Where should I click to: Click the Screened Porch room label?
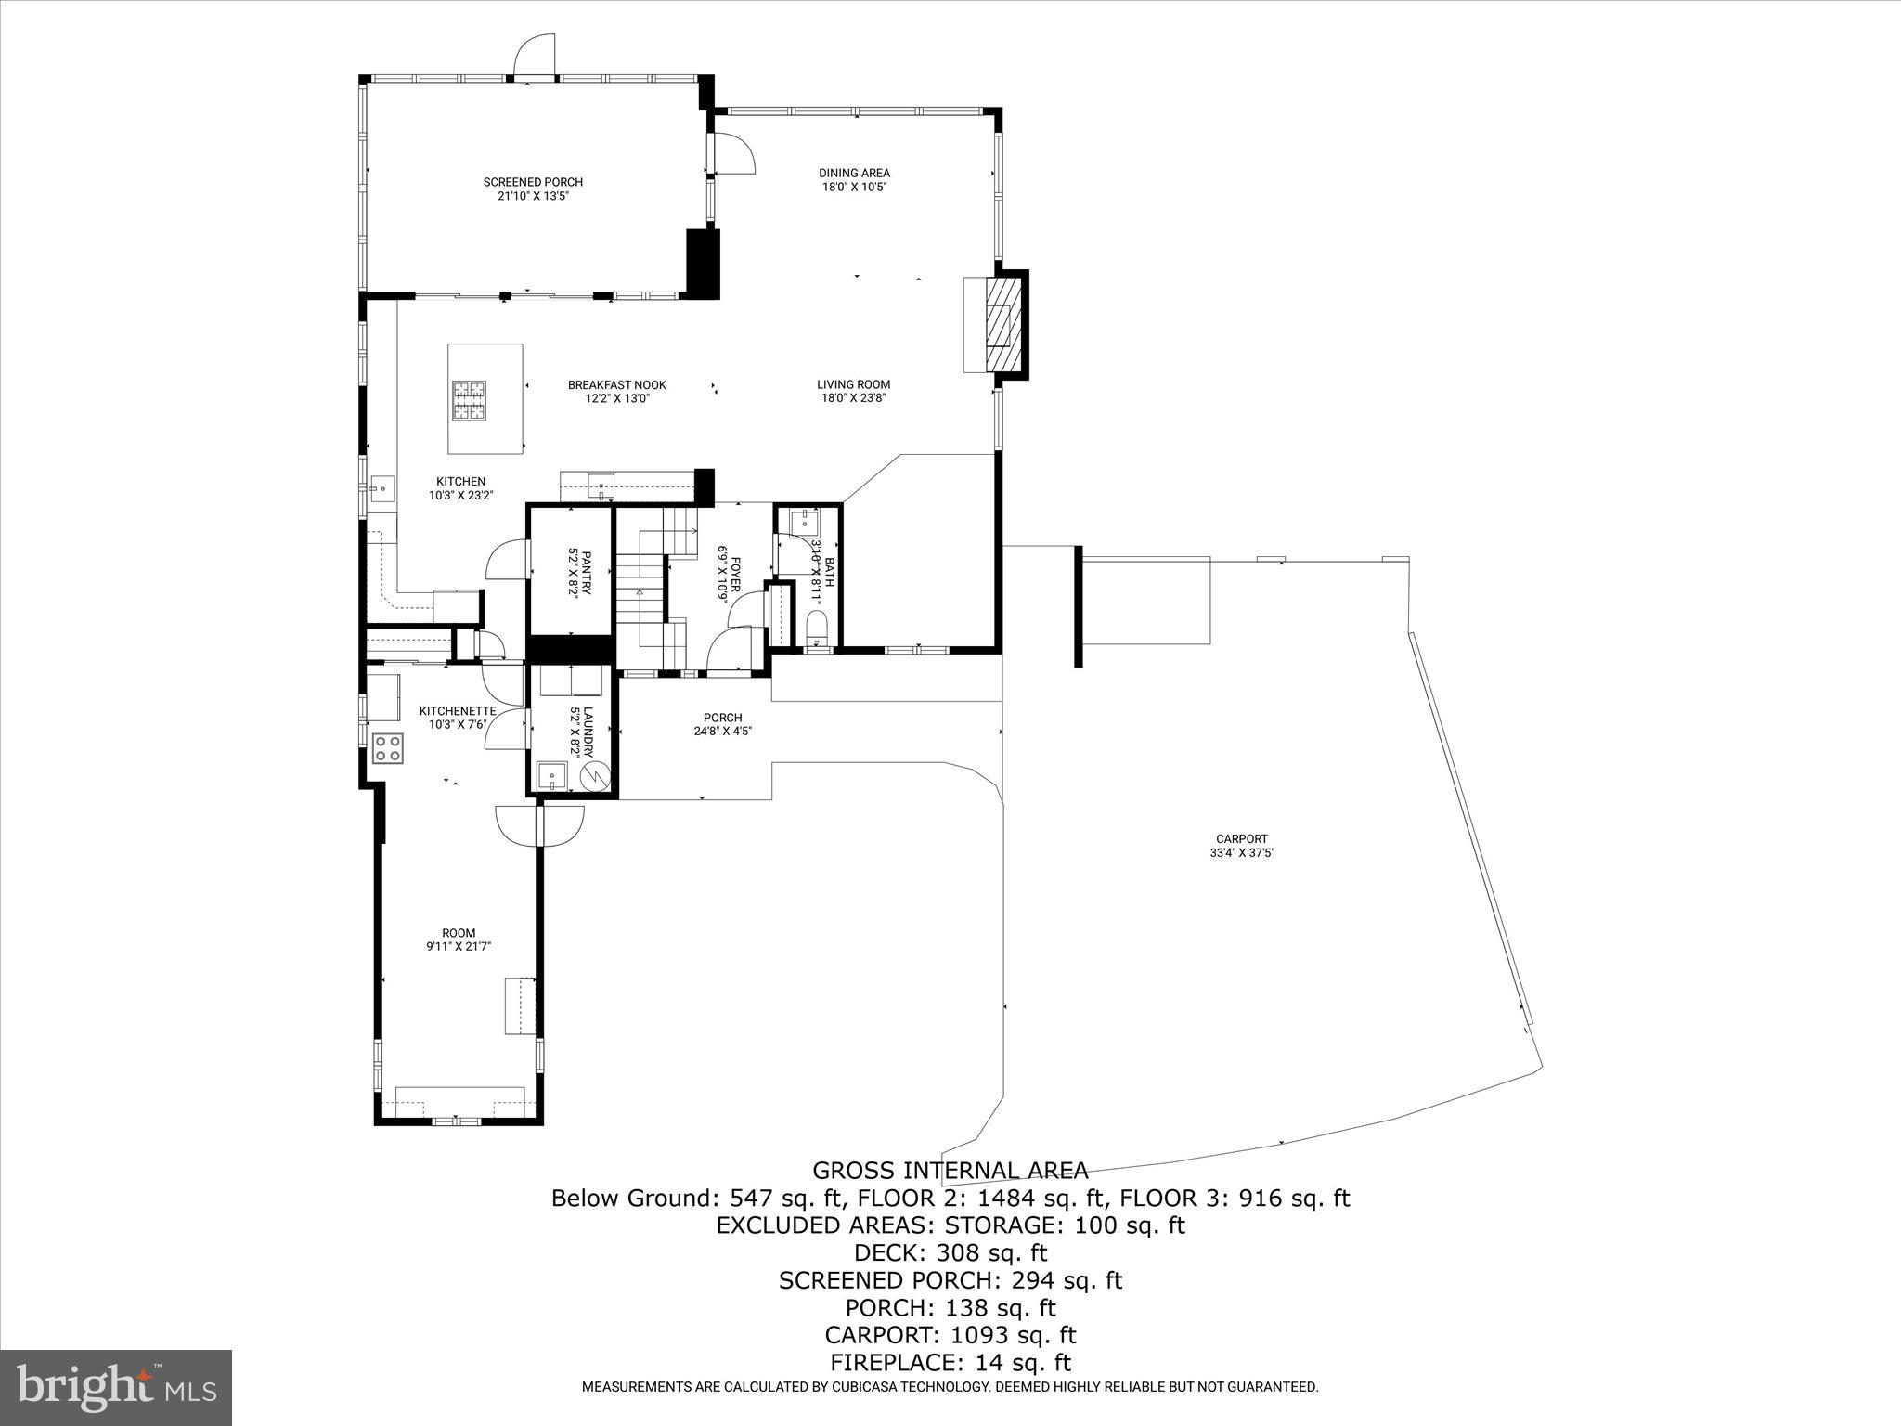click(x=533, y=182)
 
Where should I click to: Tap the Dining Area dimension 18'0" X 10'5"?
click(x=854, y=187)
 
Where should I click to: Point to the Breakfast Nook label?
click(x=616, y=385)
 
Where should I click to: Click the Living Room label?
click(x=853, y=384)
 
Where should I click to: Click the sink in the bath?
click(x=798, y=523)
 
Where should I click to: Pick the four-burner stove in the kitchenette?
click(x=388, y=747)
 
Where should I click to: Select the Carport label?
click(x=1242, y=839)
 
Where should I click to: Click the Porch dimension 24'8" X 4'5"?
click(x=722, y=731)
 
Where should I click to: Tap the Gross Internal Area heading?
click(x=950, y=1170)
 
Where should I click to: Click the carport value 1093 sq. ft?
click(x=1013, y=1335)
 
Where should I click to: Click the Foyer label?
click(x=735, y=575)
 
